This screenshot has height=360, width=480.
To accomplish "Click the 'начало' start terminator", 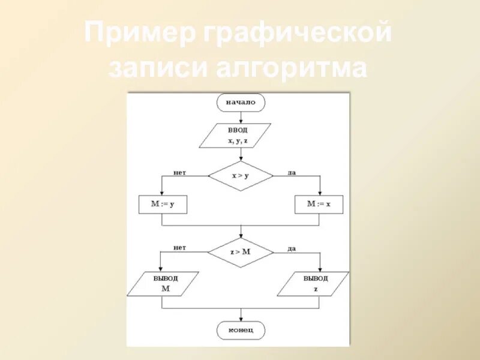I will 241,103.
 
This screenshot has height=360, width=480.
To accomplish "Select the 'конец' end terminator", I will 241,329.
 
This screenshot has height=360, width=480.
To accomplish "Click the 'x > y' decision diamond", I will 241,176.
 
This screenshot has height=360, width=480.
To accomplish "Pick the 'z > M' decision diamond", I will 241,252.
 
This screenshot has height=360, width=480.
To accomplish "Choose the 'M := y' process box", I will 163,205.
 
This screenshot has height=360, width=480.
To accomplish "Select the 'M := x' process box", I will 319,205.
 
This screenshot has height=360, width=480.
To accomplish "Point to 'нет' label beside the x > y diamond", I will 180,172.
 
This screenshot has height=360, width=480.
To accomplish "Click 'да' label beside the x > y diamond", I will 292,172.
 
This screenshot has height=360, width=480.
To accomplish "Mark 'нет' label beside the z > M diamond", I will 180,248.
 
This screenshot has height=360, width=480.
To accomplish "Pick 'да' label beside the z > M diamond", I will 292,248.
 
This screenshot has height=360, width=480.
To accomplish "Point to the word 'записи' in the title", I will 154,68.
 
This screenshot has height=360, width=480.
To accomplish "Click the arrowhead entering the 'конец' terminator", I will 241,317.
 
